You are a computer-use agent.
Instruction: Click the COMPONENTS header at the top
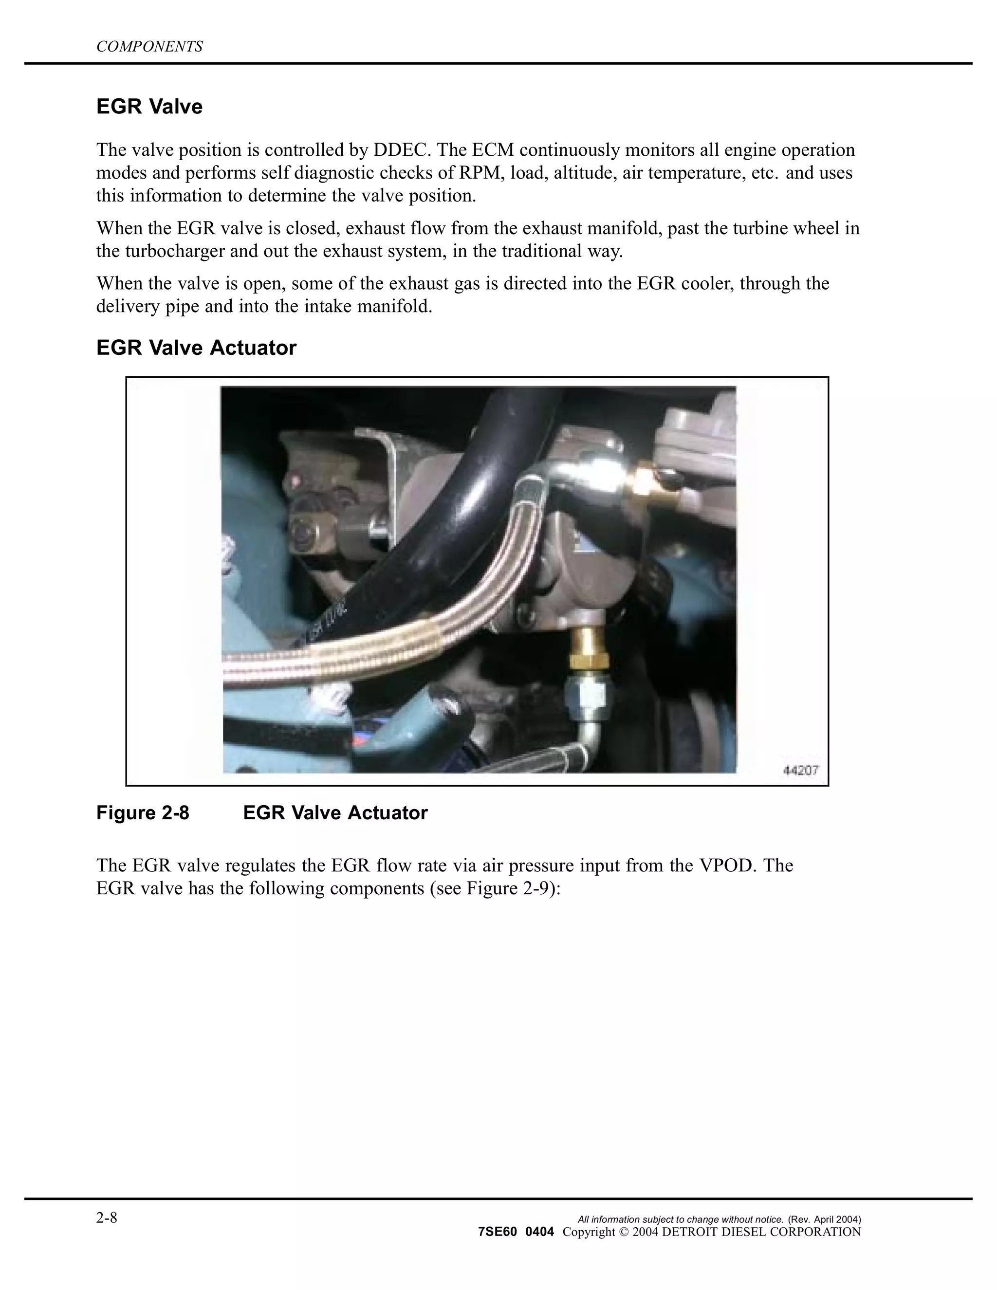point(149,47)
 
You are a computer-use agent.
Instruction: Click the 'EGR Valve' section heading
point(149,107)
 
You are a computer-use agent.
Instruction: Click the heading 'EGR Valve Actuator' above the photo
point(196,348)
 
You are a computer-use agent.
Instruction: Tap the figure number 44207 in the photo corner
point(800,771)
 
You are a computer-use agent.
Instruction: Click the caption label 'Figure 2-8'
point(143,813)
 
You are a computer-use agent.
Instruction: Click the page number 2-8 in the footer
point(107,1218)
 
